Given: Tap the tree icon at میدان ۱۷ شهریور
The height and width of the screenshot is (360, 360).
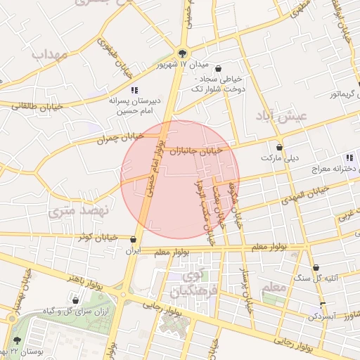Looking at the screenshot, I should click(x=183, y=53).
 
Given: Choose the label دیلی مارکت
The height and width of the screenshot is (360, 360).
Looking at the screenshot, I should click(x=281, y=158).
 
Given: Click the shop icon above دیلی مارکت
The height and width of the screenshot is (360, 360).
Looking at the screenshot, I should click(x=281, y=148).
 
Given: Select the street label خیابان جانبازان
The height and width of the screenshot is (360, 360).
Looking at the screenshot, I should click(x=200, y=150).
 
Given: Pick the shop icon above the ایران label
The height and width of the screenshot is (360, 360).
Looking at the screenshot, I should click(x=133, y=240).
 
